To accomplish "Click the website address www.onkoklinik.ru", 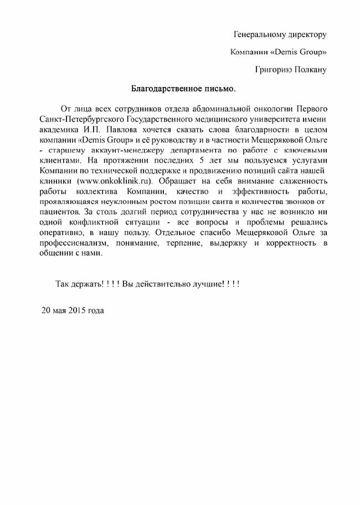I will pyautogui.click(x=116, y=181).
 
